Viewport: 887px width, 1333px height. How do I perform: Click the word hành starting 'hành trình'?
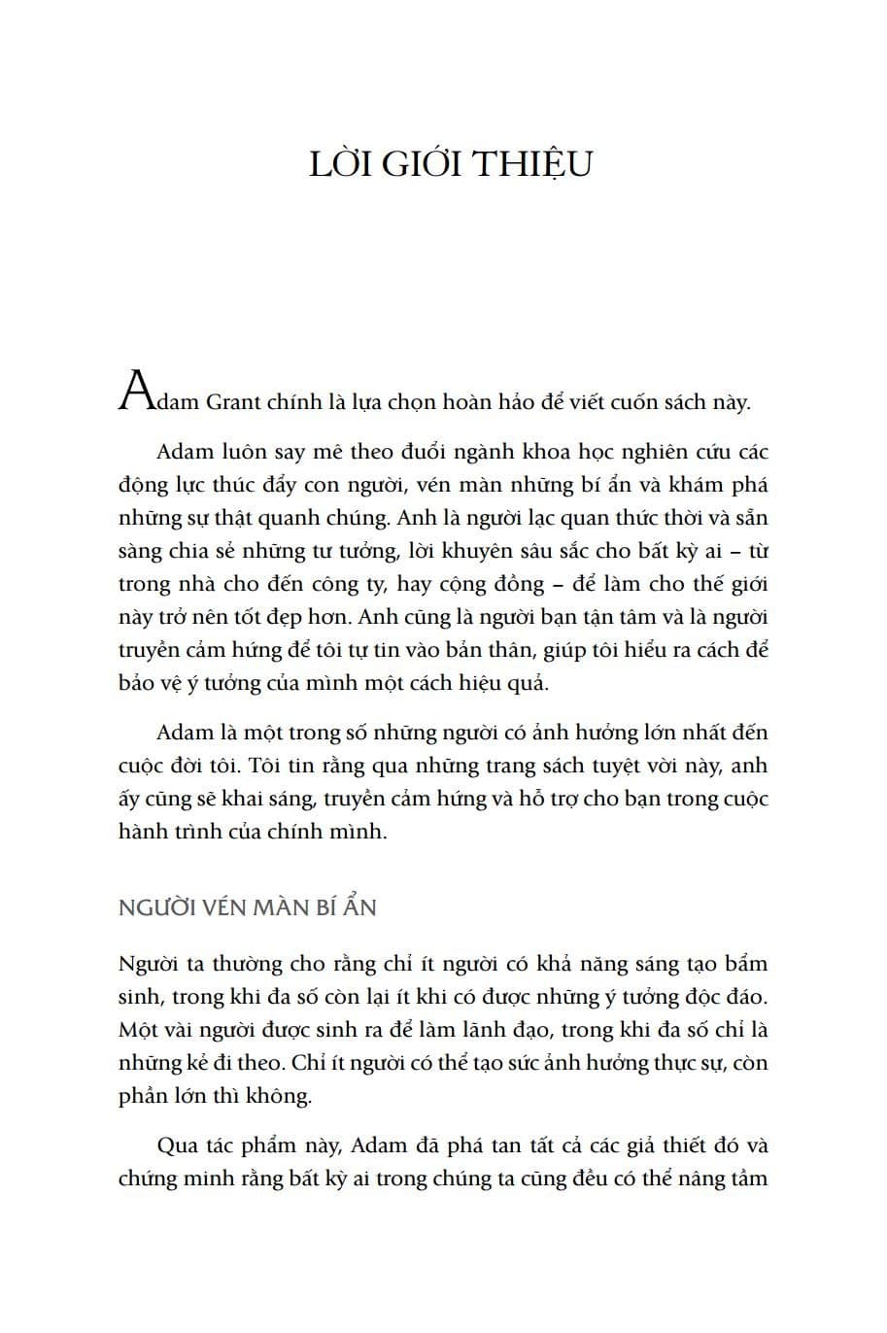point(141,832)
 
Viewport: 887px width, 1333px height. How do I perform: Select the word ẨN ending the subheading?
point(358,907)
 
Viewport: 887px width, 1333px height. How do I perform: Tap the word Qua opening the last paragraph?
point(177,1145)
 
